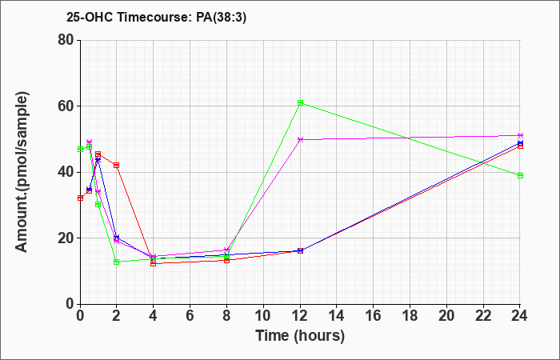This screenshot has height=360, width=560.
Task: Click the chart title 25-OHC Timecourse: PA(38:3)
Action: pyautogui.click(x=157, y=18)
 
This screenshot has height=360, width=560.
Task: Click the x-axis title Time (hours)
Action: pyautogui.click(x=300, y=336)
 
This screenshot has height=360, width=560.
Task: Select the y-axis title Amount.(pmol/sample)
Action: pyautogui.click(x=22, y=172)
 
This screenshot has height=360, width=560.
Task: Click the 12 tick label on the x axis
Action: pyautogui.click(x=300, y=316)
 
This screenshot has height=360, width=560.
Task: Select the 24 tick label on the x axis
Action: pyautogui.click(x=519, y=316)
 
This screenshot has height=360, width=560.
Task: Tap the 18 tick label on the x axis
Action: pyautogui.click(x=410, y=316)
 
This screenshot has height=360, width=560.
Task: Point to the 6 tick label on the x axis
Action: pyautogui.click(x=190, y=316)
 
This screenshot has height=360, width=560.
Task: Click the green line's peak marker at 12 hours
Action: pyautogui.click(x=300, y=103)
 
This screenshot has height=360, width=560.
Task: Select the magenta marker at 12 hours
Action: pyautogui.click(x=300, y=140)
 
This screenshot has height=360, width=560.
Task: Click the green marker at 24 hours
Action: pyautogui.click(x=520, y=175)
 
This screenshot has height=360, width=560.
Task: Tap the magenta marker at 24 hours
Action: pyautogui.click(x=520, y=136)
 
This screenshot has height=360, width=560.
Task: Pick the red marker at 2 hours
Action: pyautogui.click(x=117, y=165)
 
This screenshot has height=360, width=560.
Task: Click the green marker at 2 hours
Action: pyautogui.click(x=117, y=262)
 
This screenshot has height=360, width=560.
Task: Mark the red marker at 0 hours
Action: pyautogui.click(x=80, y=198)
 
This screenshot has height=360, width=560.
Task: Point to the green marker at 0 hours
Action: pyautogui.click(x=80, y=149)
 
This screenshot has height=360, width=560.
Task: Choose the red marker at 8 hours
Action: pyautogui.click(x=226, y=260)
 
